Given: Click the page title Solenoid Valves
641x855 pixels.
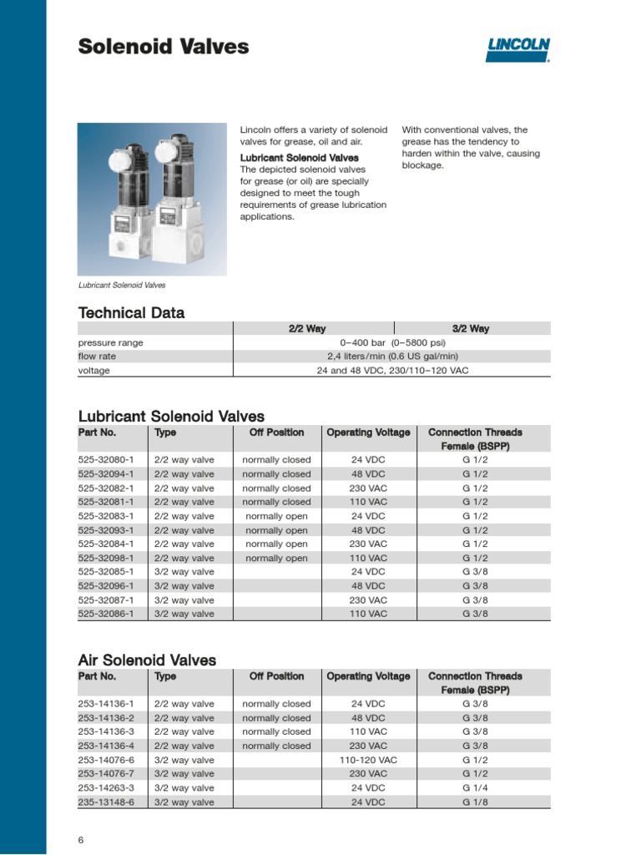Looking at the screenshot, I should (164, 47).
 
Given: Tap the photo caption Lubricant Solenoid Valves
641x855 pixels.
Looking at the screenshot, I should (122, 285).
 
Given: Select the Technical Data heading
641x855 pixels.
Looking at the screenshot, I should (131, 313).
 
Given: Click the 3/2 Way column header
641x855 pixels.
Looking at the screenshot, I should (472, 329).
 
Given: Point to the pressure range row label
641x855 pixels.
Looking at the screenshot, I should (110, 342).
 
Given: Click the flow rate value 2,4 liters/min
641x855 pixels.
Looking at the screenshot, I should (392, 357).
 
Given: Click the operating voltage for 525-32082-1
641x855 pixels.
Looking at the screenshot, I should (368, 488).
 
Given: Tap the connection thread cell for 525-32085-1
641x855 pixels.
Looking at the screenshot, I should (475, 572).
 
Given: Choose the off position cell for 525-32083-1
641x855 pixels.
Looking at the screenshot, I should (276, 516).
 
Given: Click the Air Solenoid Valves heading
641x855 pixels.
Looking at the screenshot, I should (147, 660).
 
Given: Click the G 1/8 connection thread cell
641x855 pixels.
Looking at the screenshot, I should (475, 802).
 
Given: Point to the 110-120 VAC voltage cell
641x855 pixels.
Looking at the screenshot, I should (368, 760).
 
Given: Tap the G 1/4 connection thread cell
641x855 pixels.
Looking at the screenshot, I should (475, 787).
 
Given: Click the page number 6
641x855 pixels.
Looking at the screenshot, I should (81, 839).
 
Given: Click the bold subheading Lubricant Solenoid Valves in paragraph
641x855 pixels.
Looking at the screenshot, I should (300, 158).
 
